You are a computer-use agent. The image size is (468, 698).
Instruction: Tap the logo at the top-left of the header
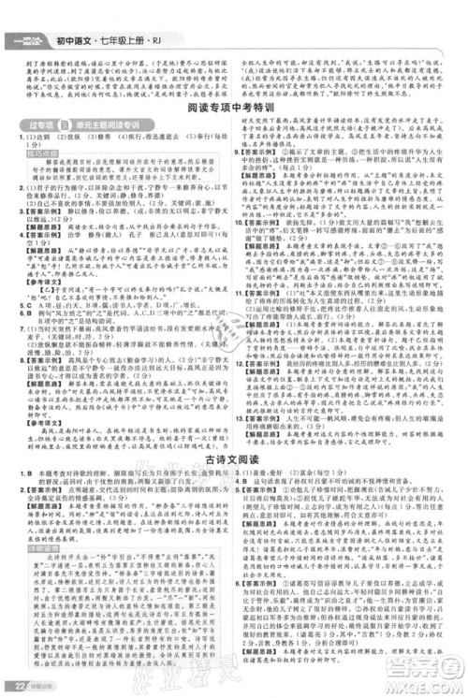pos(28,14)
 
